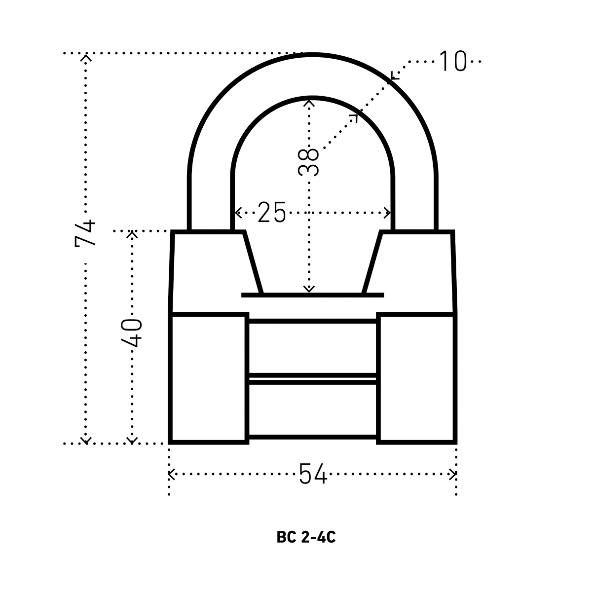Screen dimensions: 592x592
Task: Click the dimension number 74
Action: pos(85,233)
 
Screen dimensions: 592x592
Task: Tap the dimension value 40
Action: pos(132,333)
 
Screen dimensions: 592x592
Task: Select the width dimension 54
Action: pos(313,474)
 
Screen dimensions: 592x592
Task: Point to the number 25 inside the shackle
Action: pos(271,212)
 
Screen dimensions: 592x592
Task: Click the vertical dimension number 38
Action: pos(308,162)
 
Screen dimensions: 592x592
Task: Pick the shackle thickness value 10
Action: pos(453,61)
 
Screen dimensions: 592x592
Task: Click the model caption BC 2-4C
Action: pos(306,537)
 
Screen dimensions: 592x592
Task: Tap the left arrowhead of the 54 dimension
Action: pos(171,474)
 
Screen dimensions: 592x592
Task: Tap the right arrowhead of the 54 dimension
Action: pos(453,474)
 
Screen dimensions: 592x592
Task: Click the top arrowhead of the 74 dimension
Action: pos(86,57)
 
